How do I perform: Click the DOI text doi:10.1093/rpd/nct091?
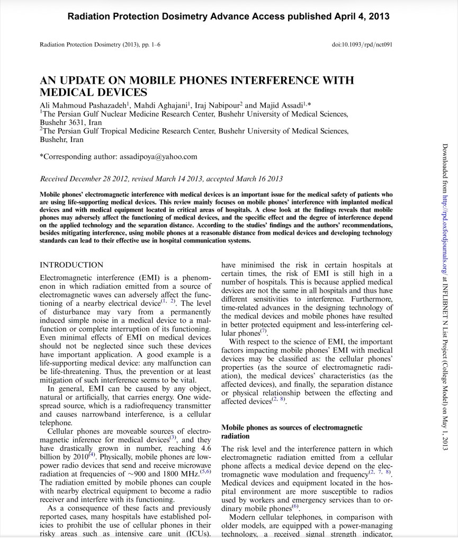tap(362, 44)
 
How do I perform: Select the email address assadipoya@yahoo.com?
tap(158, 156)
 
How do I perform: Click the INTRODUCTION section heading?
tap(71, 265)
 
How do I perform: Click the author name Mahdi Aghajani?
tap(162, 105)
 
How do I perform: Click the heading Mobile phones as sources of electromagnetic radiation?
tap(291, 431)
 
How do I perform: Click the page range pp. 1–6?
tap(150, 44)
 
